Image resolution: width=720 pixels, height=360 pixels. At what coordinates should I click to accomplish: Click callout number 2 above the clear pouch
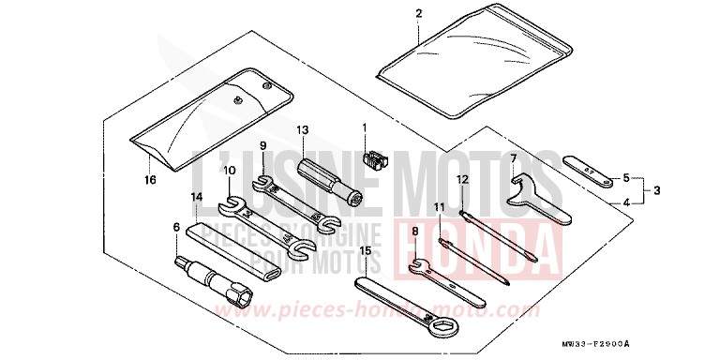coord(418,13)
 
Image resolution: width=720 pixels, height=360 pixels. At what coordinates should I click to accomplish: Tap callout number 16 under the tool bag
coord(149,178)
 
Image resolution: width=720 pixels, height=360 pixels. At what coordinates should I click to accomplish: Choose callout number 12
coord(461,178)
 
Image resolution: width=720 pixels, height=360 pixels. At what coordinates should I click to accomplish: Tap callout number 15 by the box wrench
coord(366,251)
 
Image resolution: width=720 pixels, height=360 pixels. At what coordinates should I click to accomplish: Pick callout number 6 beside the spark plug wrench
coord(174,227)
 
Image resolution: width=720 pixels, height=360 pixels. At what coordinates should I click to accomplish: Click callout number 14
coord(196,197)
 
